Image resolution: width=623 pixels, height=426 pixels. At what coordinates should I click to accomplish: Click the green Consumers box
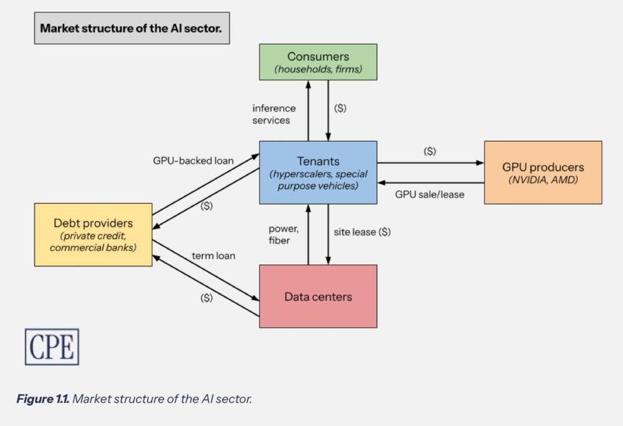(318, 62)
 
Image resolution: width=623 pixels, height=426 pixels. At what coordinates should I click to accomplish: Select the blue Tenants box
(318, 173)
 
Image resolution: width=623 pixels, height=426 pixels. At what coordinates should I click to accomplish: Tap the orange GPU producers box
(543, 173)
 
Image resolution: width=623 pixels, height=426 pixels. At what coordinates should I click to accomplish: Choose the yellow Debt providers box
(93, 235)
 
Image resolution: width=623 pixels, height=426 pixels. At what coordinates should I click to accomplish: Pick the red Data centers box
(318, 296)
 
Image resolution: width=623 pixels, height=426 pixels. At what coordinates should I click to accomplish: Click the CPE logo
(52, 346)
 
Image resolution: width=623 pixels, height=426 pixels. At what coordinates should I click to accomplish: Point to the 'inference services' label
(273, 114)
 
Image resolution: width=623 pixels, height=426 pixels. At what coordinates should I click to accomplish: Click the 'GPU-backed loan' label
(193, 160)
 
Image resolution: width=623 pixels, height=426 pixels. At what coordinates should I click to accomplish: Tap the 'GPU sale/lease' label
(429, 194)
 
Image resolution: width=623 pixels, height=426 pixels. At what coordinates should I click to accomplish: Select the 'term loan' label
(213, 255)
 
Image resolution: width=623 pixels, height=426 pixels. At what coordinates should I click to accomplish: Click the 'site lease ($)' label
(363, 232)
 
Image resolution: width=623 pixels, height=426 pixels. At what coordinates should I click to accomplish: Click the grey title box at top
(131, 28)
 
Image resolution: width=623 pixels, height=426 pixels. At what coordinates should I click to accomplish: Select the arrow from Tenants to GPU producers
(430, 163)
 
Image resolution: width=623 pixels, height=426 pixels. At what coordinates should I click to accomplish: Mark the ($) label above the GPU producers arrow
(429, 151)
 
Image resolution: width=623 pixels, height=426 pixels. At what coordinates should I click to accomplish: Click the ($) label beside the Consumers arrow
(340, 108)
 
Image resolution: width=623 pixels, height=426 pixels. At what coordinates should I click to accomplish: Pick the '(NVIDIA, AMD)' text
(543, 180)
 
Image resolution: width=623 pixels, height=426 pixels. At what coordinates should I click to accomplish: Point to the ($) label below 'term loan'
(206, 298)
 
